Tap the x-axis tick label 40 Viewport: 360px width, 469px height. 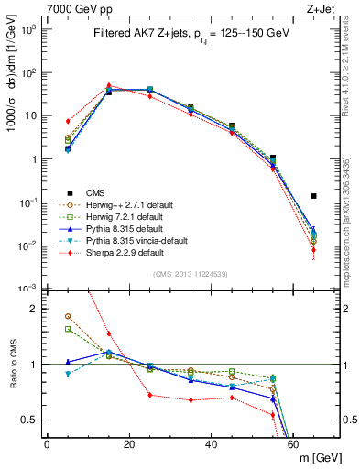211,445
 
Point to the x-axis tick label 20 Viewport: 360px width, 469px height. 128,445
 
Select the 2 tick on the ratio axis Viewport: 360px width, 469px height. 38,309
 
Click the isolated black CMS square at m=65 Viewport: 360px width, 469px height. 314,195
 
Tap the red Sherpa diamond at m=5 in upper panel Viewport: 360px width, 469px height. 68,121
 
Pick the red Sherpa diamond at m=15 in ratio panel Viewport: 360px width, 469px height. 109,333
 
